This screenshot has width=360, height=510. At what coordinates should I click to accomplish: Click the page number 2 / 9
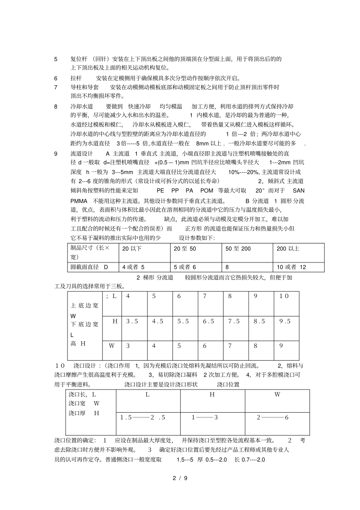(180, 478)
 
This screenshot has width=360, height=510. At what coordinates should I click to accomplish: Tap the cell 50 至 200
(238, 249)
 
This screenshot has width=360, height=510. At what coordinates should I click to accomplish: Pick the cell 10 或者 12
(291, 267)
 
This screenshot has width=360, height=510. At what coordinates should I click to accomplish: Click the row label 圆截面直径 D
(89, 267)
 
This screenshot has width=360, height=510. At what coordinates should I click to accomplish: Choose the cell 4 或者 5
(133, 267)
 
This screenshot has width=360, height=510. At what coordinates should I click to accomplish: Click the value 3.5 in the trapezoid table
(132, 321)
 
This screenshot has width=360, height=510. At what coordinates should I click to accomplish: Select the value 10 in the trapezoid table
(284, 296)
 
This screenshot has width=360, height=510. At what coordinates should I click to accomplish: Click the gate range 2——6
(272, 417)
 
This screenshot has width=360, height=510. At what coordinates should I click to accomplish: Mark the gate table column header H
(212, 395)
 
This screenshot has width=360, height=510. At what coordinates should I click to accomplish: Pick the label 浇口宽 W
(84, 403)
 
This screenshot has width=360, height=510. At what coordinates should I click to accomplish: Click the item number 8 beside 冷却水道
(56, 107)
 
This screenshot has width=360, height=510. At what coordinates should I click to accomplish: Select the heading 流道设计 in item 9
(82, 154)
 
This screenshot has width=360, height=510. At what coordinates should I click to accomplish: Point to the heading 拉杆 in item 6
(76, 78)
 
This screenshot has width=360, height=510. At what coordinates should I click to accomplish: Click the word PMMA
(79, 201)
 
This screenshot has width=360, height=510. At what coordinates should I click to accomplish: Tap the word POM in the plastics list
(207, 191)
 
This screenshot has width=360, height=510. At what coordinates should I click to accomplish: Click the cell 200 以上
(288, 249)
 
